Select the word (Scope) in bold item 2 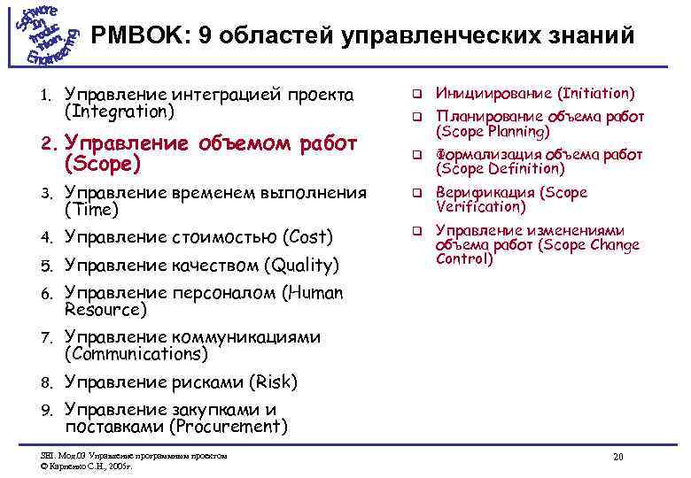103,164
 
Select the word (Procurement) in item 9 229,427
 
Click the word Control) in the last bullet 464,259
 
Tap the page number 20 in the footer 617,456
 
